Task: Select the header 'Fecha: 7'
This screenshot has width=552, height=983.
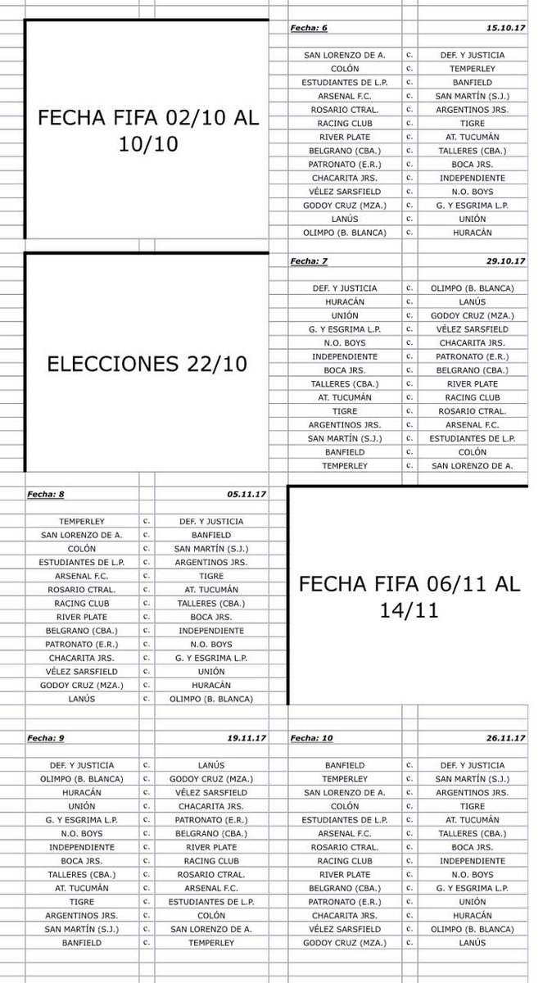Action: click(309, 261)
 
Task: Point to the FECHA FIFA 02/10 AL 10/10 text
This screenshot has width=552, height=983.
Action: click(147, 130)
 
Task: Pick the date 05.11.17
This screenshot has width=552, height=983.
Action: click(244, 494)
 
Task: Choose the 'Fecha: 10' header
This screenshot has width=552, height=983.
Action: click(311, 738)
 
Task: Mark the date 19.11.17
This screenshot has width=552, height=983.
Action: click(244, 738)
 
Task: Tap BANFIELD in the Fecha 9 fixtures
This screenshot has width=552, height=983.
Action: click(81, 943)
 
